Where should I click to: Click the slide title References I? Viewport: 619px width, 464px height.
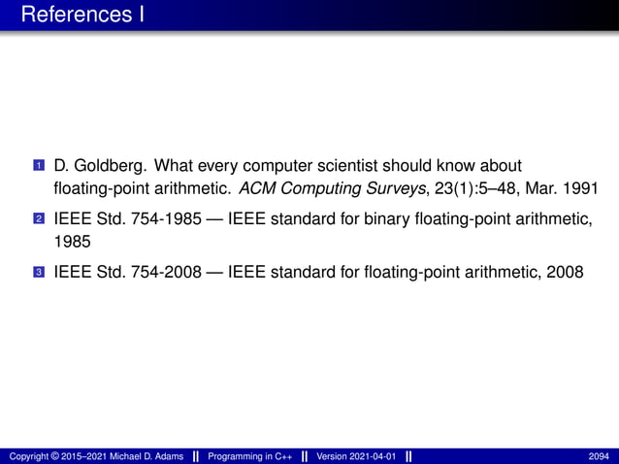pyautogui.click(x=81, y=16)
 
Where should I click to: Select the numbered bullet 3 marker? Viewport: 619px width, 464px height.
pyautogui.click(x=38, y=273)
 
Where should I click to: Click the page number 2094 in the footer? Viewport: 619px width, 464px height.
pyautogui.click(x=600, y=456)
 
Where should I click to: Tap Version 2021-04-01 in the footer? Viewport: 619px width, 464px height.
pyautogui.click(x=355, y=456)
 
